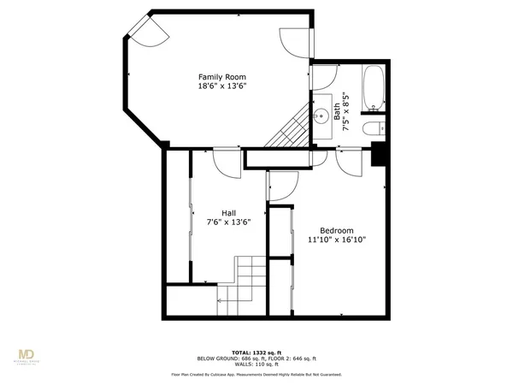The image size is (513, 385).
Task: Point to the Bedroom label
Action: click(x=338, y=230)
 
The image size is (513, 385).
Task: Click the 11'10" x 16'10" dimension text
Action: click(x=338, y=240)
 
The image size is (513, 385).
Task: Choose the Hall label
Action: click(x=229, y=213)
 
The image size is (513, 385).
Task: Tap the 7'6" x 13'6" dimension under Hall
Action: click(x=229, y=222)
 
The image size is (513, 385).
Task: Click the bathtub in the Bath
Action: click(x=374, y=90)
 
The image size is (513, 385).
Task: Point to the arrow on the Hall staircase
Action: click(x=227, y=300)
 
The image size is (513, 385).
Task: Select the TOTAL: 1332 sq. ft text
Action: click(x=256, y=352)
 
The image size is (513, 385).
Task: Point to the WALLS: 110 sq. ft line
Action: click(x=256, y=364)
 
